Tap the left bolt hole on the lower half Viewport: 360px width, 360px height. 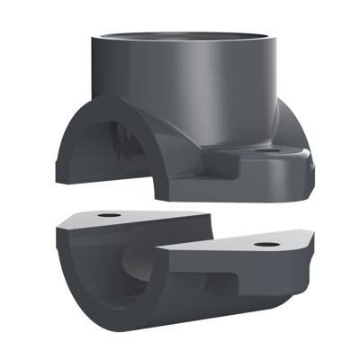tap(108, 216)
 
